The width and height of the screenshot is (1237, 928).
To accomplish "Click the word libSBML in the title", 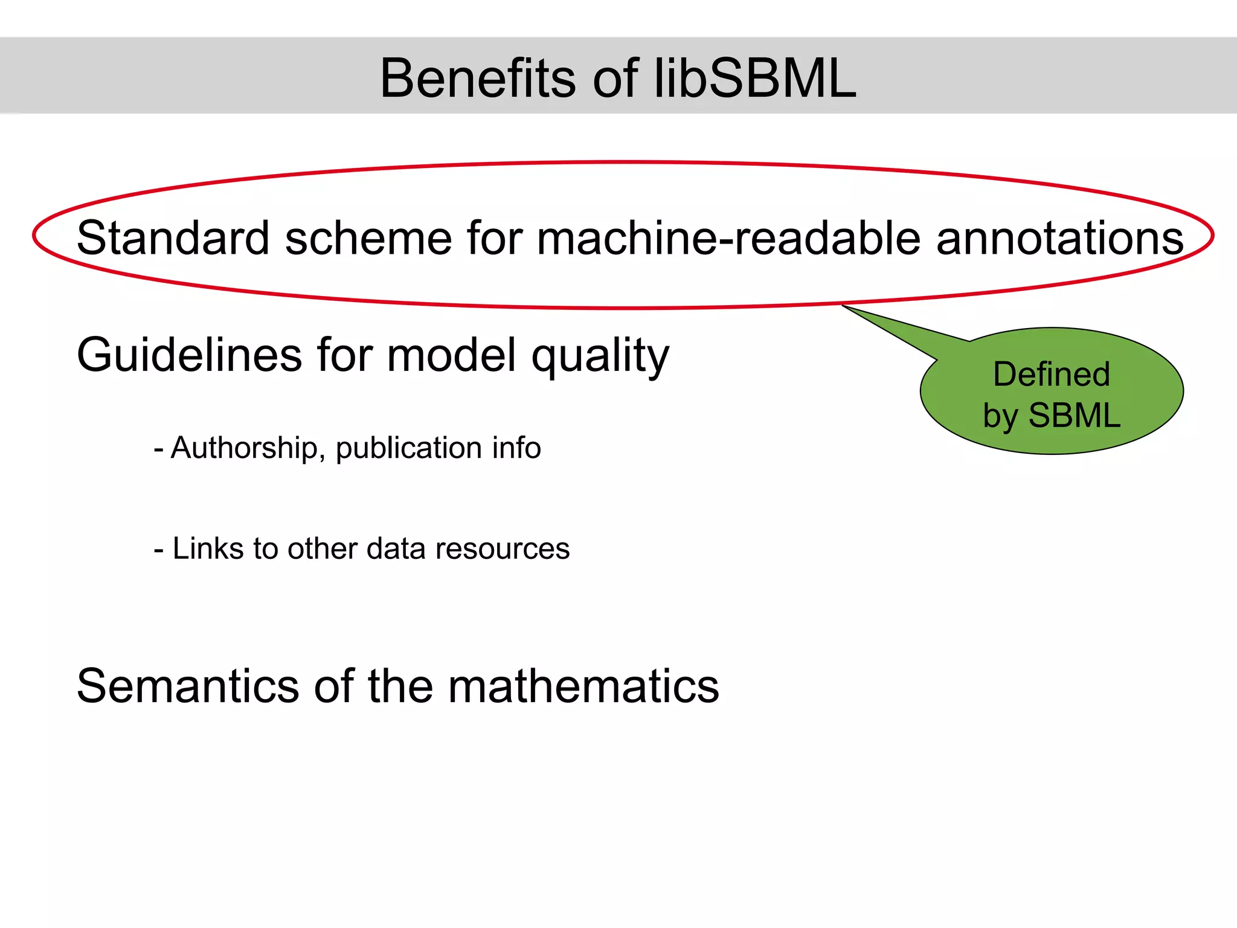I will (755, 79).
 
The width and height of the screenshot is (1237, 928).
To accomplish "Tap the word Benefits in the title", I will (478, 79).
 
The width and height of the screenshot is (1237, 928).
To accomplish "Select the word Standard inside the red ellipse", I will (173, 237).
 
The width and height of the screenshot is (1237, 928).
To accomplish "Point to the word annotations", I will (1059, 237).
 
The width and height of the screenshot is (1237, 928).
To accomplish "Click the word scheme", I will (368, 237).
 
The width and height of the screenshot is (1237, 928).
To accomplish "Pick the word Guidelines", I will (189, 355).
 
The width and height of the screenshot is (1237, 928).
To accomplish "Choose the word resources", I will (502, 549).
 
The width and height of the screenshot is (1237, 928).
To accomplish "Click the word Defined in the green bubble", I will (1052, 374).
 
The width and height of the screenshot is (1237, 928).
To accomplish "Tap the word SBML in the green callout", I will (1074, 416).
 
